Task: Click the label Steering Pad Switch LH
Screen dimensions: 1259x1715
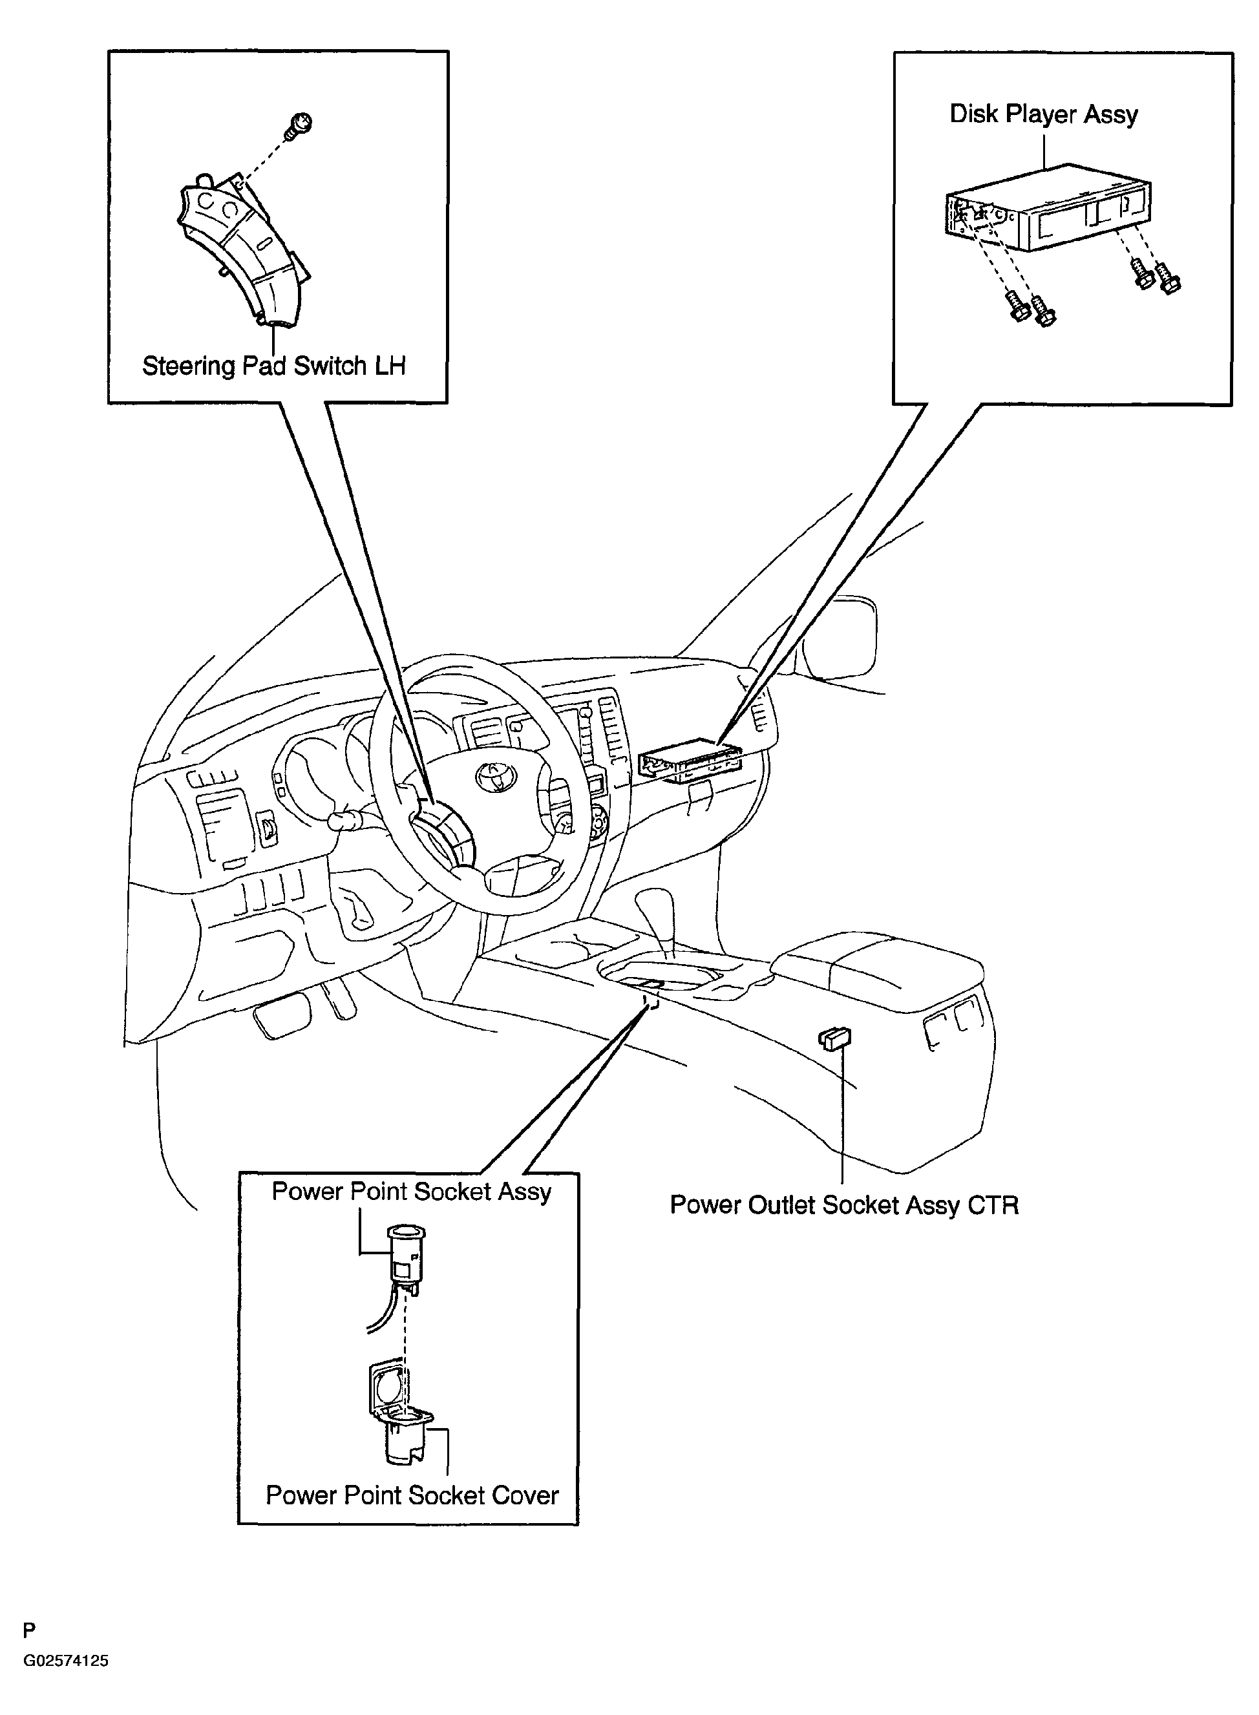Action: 273,366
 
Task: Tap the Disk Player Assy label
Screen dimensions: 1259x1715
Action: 1043,114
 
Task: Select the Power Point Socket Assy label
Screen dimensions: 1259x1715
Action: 412,1192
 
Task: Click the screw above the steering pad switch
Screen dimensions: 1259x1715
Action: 299,127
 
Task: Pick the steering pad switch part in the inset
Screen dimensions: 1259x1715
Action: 242,250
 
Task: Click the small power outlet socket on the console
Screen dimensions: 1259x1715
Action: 834,1038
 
